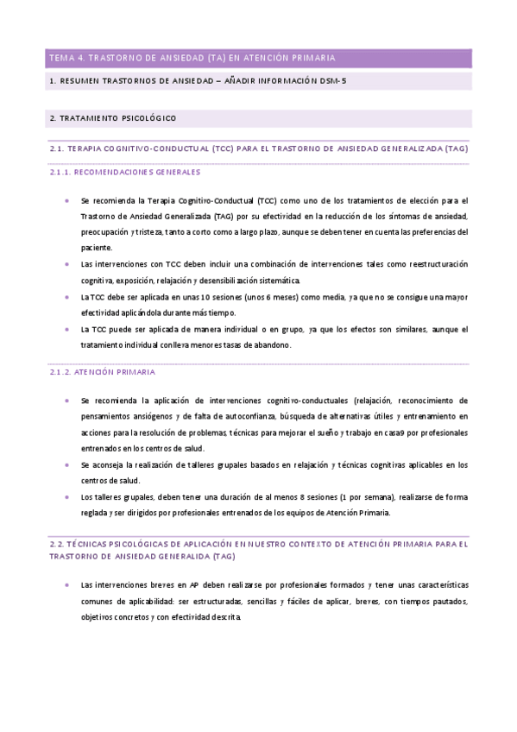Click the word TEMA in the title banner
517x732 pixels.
click(x=63, y=58)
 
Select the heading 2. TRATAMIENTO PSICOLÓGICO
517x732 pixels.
click(x=113, y=117)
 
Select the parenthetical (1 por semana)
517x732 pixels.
click(x=362, y=497)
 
